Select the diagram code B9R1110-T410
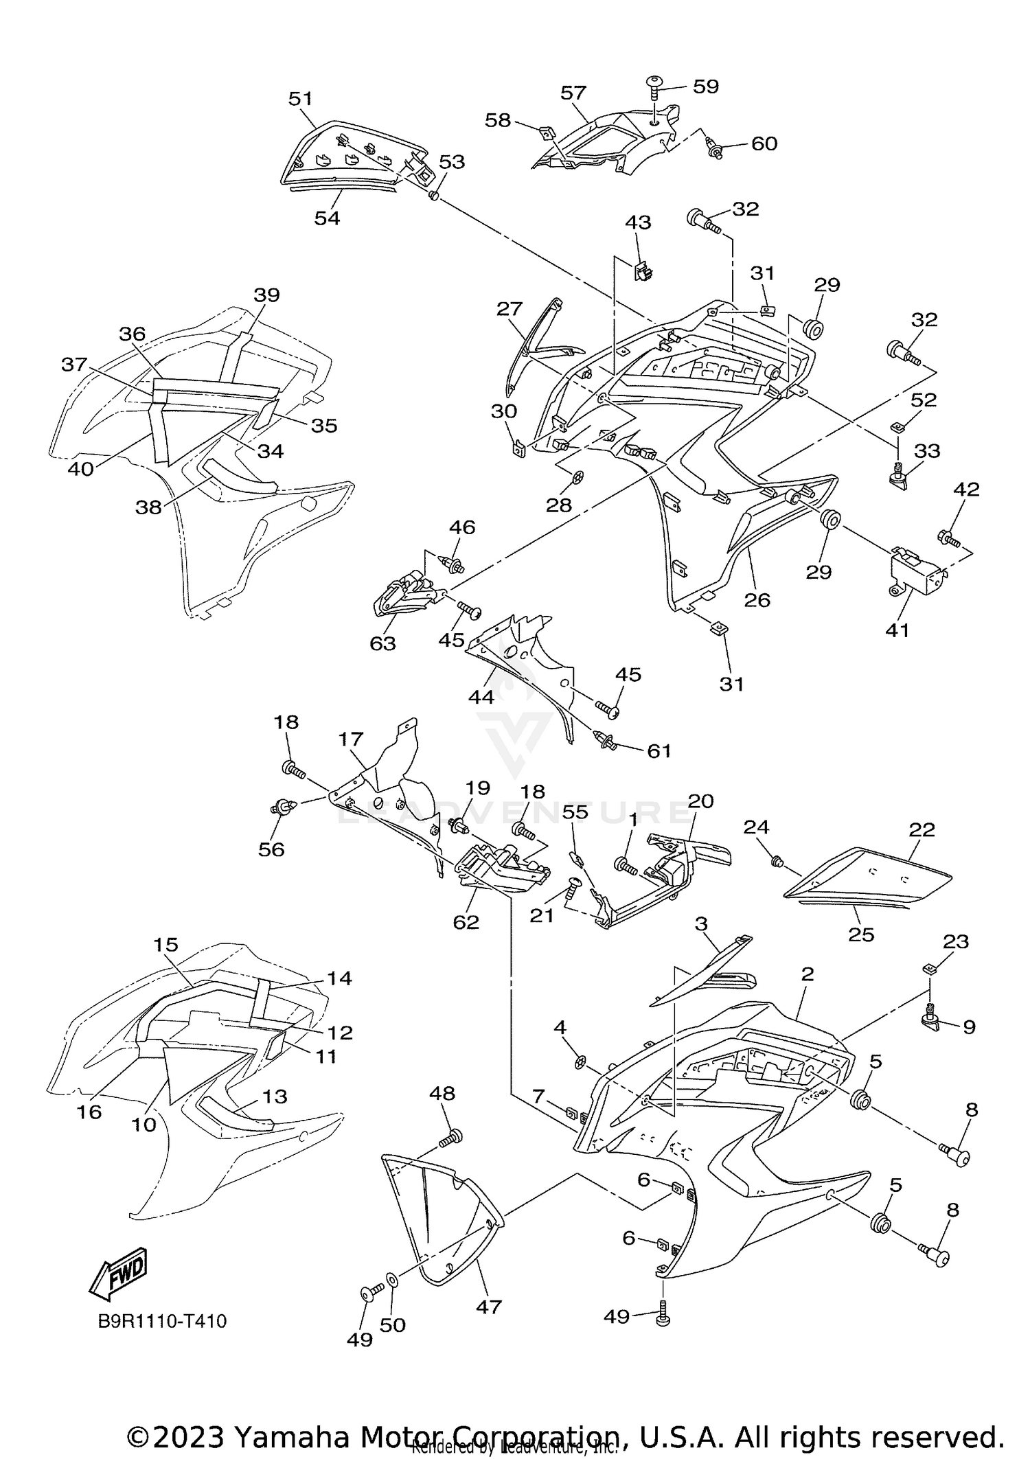click(x=162, y=1320)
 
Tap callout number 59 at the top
click(x=705, y=87)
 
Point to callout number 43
click(x=638, y=222)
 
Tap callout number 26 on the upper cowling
click(x=757, y=599)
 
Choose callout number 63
click(x=382, y=643)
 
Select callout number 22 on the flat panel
click(x=922, y=829)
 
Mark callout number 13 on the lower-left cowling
click(x=275, y=1096)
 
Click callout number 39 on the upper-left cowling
click(x=266, y=295)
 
